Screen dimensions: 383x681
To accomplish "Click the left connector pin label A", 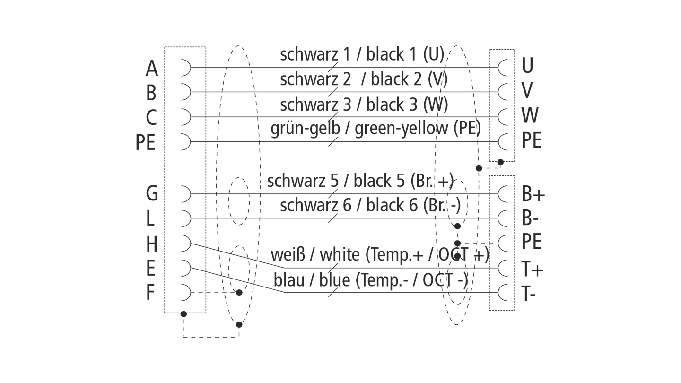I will point(151,69).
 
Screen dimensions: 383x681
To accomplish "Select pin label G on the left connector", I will point(152,194).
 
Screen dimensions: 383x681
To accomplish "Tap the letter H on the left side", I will point(151,244).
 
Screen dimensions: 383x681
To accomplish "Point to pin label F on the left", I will point(150,293).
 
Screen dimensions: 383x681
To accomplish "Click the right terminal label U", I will point(527,66).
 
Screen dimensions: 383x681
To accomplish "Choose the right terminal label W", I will point(530,115).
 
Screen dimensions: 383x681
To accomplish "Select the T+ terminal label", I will point(533,270).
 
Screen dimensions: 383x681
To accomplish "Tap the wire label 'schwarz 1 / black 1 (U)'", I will point(362,55).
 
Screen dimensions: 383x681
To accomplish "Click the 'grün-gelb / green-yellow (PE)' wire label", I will point(375,129).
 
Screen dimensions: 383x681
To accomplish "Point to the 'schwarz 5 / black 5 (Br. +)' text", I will point(360,181).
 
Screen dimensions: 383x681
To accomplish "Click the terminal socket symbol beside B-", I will point(503,218).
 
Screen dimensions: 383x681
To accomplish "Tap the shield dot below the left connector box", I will point(183,314).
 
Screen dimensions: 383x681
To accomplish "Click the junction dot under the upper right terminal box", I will point(500,162).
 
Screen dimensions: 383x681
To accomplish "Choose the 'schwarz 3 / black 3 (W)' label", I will point(364,104).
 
